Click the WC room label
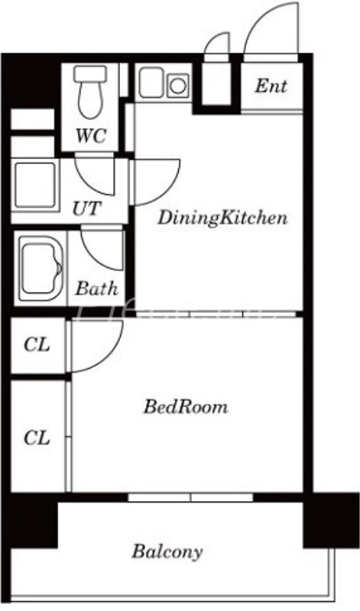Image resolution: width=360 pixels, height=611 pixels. coord(89,137)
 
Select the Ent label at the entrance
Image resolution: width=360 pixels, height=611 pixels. coord(271,86)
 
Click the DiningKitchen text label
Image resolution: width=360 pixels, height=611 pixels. coord(222,218)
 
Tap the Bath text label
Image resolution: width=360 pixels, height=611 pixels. coord(97,289)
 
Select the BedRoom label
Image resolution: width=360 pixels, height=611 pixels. coord(186,407)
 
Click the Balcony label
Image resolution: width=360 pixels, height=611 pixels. coord(167,551)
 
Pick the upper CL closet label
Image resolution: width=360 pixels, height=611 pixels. coord(37,345)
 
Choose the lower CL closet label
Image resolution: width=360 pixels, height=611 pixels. coord(37,438)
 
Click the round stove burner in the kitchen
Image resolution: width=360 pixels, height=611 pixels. coord(177,85)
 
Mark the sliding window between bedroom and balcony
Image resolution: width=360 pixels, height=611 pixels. coord(190,497)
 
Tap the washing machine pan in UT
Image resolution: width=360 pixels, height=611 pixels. coord(34,185)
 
